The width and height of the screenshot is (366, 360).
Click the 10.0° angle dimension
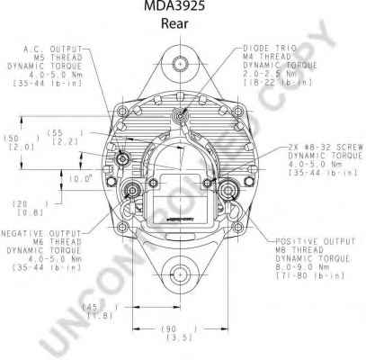(84, 178)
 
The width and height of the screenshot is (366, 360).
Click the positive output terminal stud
(225, 190)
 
